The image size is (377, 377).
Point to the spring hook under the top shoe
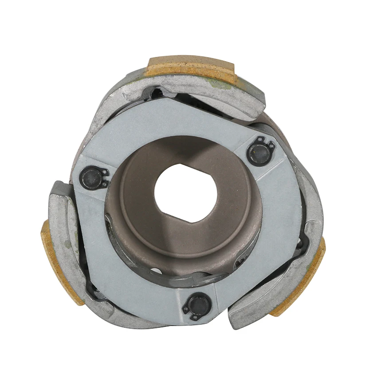point(155,93)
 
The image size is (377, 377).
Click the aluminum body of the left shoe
point(73,248)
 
